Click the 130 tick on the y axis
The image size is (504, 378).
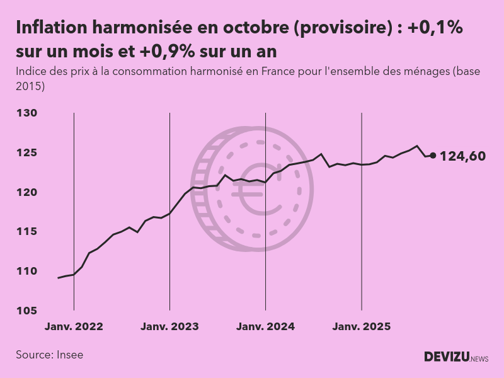click(x=27, y=113)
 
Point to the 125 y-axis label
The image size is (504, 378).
click(x=27, y=153)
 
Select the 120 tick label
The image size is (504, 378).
click(x=27, y=192)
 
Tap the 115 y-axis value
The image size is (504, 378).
click(x=27, y=232)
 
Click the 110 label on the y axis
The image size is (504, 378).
click(x=27, y=272)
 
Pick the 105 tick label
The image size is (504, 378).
click(x=27, y=311)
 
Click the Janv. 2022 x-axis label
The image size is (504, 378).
click(x=74, y=327)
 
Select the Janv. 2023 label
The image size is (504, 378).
click(x=169, y=327)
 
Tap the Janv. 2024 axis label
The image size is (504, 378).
click(x=265, y=327)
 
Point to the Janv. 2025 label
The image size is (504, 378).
click(x=361, y=327)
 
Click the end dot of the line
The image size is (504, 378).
click(x=433, y=156)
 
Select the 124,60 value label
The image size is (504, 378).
click(x=462, y=156)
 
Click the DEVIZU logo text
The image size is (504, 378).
click(x=445, y=357)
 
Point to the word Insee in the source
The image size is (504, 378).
click(x=69, y=355)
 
